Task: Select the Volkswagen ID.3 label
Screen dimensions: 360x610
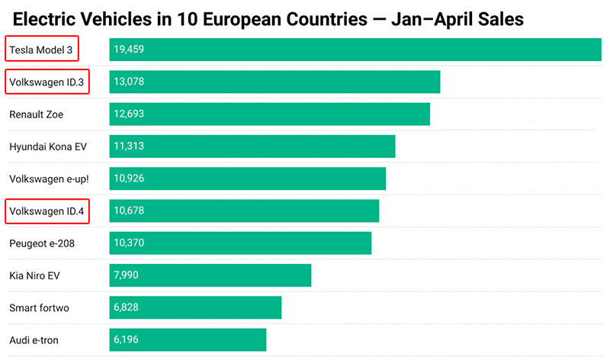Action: pyautogui.click(x=47, y=82)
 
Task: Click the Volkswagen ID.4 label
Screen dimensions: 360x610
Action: pyautogui.click(x=47, y=211)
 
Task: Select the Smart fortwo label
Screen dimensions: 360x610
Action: pyautogui.click(x=40, y=307)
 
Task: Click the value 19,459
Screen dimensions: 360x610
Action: pyautogui.click(x=129, y=50)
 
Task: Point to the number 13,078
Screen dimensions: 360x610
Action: pyautogui.click(x=129, y=82)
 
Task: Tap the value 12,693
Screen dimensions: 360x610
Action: pyautogui.click(x=129, y=114)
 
